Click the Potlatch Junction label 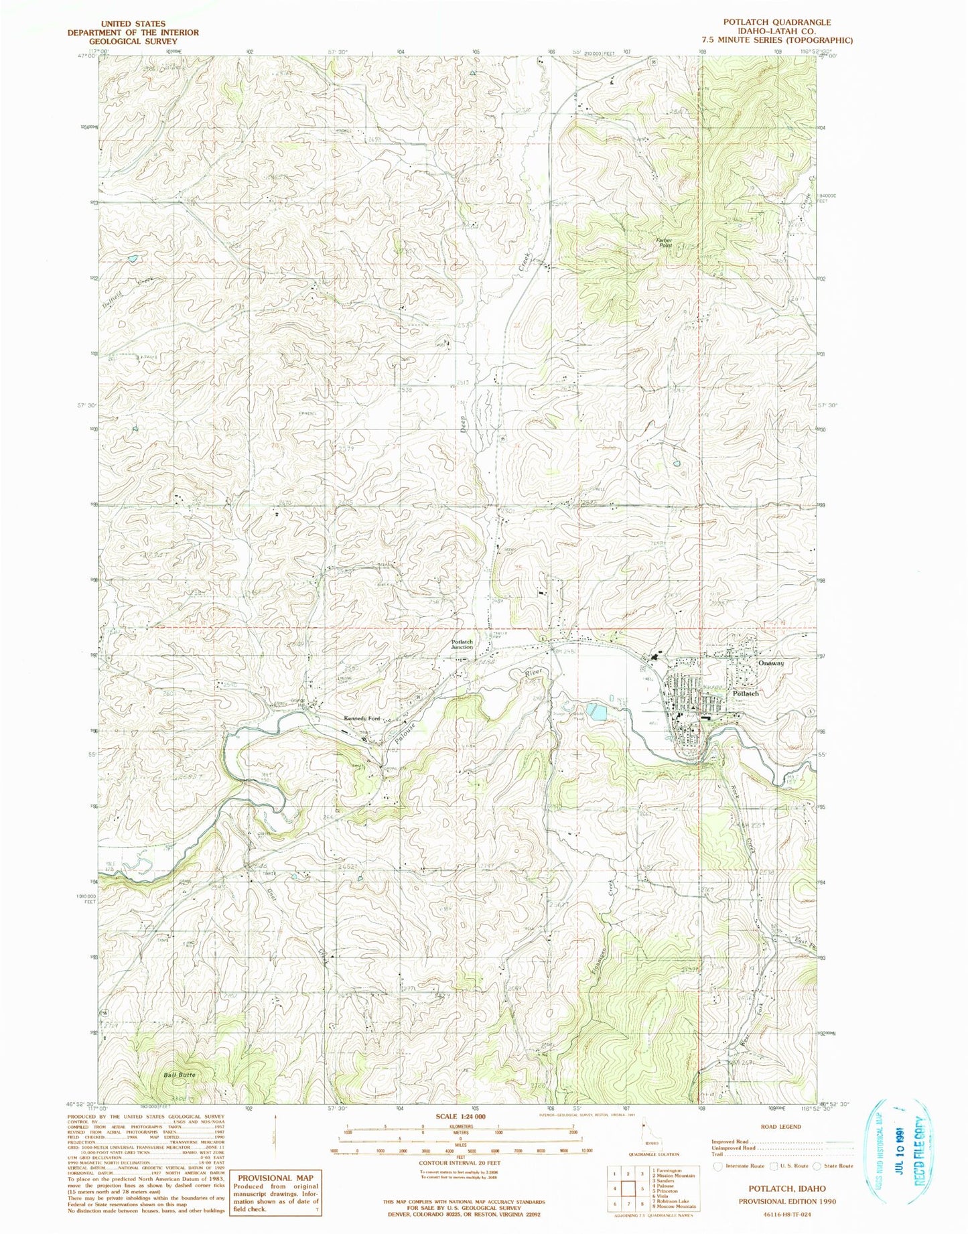(x=462, y=644)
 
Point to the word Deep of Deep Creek (x=464, y=421)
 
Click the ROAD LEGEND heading (x=781, y=1126)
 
